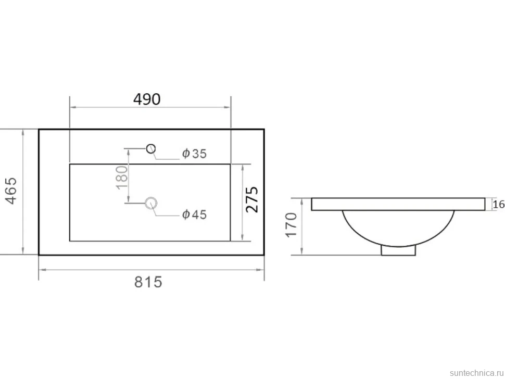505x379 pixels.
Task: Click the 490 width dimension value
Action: [x=147, y=99]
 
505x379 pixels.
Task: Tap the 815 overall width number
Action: [x=148, y=282]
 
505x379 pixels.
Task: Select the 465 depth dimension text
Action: [x=11, y=191]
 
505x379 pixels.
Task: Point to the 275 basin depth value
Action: [x=252, y=199]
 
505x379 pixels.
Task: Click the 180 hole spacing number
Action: [x=122, y=178]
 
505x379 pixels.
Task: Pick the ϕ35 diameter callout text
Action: [x=194, y=154]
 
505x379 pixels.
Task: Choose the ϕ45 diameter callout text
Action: [x=194, y=214]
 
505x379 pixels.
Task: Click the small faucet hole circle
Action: [x=151, y=148]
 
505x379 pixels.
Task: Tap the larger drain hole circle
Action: [x=151, y=203]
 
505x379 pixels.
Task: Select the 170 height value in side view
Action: [x=292, y=225]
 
